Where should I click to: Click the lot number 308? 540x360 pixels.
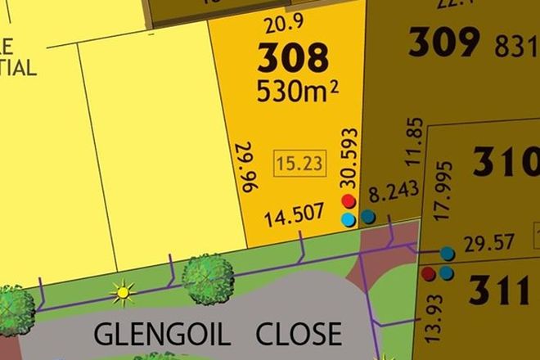pos(294,58)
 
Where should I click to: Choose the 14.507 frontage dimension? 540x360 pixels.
pos(292,218)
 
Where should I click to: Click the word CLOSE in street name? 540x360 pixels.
pos(299,334)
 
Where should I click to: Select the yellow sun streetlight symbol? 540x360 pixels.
pos(124,290)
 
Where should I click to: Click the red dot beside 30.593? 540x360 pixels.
pos(349,201)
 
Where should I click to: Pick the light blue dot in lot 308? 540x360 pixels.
pos(349,219)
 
